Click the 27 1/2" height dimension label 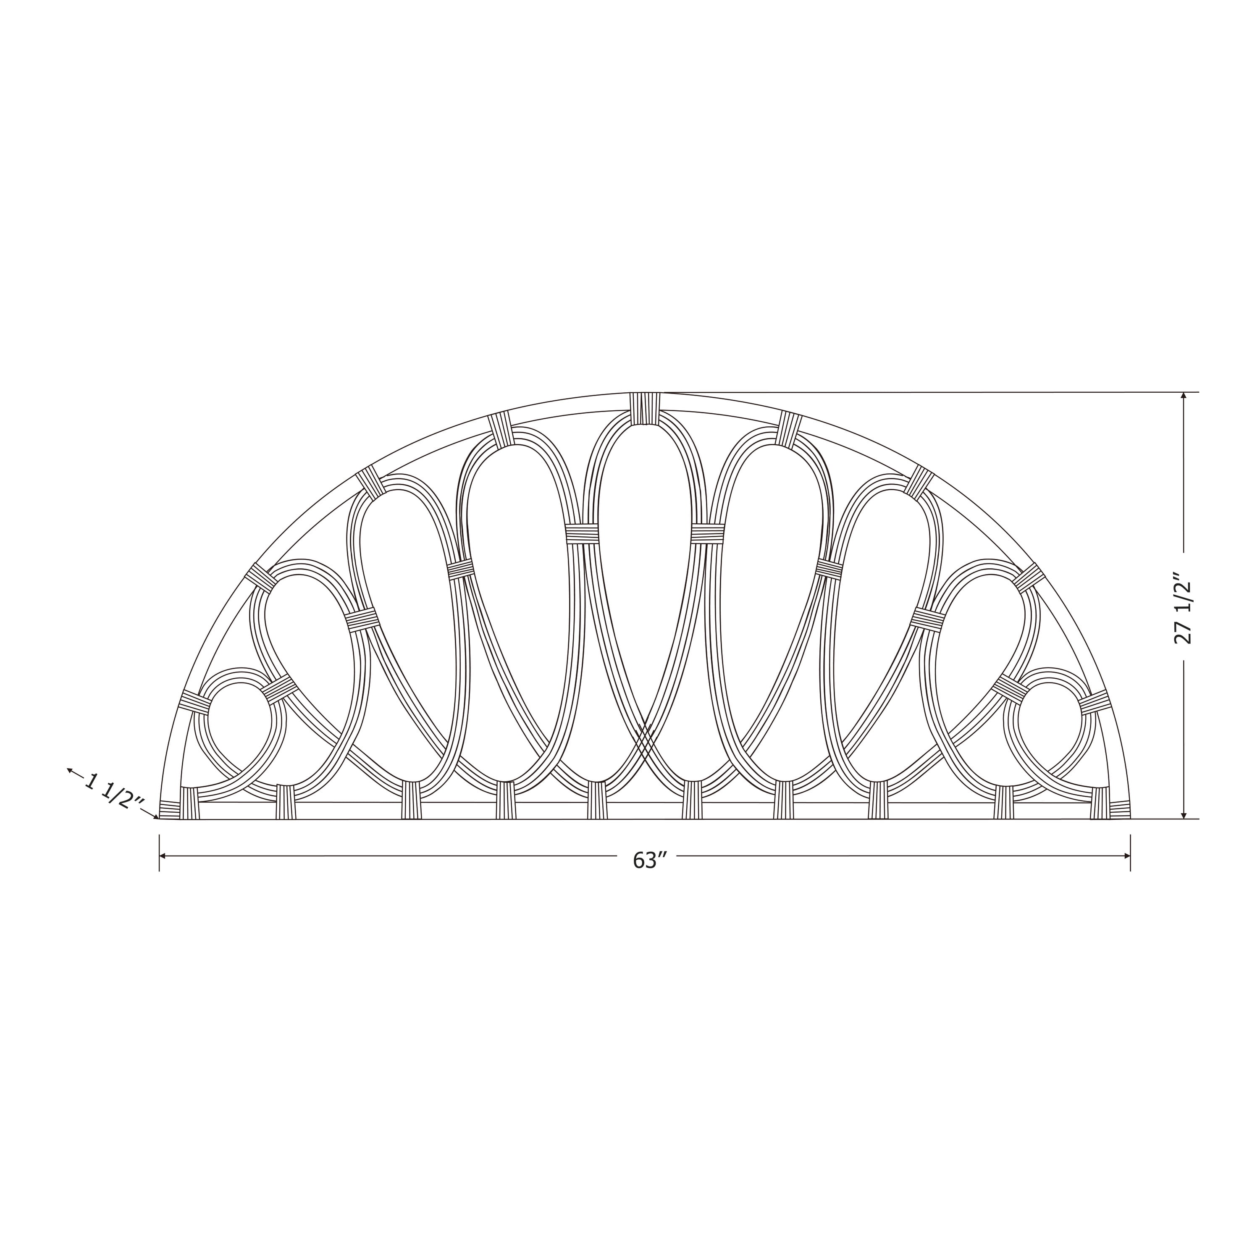click(1182, 609)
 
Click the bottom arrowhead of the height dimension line click(1184, 814)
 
